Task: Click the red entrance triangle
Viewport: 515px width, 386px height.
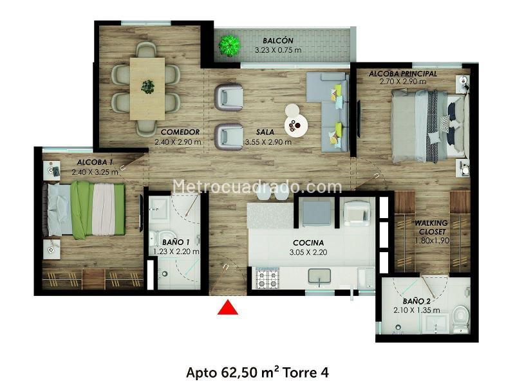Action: tap(228, 308)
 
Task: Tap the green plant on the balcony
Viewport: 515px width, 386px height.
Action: tap(230, 45)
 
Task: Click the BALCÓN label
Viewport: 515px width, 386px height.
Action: tap(278, 41)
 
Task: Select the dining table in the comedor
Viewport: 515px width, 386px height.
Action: tap(147, 89)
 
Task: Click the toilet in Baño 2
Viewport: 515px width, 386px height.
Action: tap(460, 317)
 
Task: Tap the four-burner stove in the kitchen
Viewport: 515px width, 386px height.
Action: tap(267, 279)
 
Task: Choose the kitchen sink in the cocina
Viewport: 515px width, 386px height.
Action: tap(319, 276)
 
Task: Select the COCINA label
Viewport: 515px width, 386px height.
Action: tap(308, 243)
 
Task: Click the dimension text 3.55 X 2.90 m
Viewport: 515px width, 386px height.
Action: tap(268, 142)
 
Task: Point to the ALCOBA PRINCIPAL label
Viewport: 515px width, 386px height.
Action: tap(403, 74)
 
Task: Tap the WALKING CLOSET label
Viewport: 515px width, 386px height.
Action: tap(431, 228)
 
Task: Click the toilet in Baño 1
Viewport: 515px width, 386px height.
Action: tap(155, 238)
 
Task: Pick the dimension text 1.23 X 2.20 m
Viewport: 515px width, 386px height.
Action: tap(176, 252)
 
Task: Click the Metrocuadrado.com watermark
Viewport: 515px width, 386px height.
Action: tap(257, 187)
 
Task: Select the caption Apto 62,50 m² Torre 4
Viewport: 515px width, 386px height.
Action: tap(257, 372)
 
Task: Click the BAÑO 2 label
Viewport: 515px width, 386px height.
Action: tap(417, 301)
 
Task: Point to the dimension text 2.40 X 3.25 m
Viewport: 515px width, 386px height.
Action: tap(95, 172)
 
